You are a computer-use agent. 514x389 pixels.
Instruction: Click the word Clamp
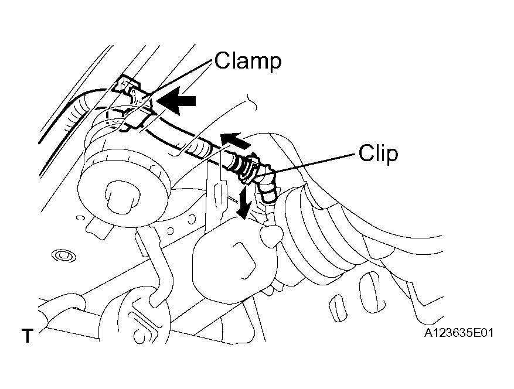[248, 61]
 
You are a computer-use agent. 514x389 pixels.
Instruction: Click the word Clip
[378, 153]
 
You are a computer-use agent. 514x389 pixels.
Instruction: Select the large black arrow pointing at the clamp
[176, 101]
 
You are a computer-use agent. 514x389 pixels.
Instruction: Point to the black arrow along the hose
[235, 141]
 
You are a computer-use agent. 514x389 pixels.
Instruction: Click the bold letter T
[28, 336]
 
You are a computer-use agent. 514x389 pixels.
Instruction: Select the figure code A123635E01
[458, 333]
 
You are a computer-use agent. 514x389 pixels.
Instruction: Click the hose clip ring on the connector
[251, 169]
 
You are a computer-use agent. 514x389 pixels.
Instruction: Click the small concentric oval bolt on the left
[64, 255]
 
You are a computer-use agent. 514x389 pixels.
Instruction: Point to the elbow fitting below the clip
[267, 187]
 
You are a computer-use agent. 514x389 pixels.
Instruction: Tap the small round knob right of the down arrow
[271, 235]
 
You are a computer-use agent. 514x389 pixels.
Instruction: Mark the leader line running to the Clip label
[315, 162]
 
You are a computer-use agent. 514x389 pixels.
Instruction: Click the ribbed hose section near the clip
[197, 149]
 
